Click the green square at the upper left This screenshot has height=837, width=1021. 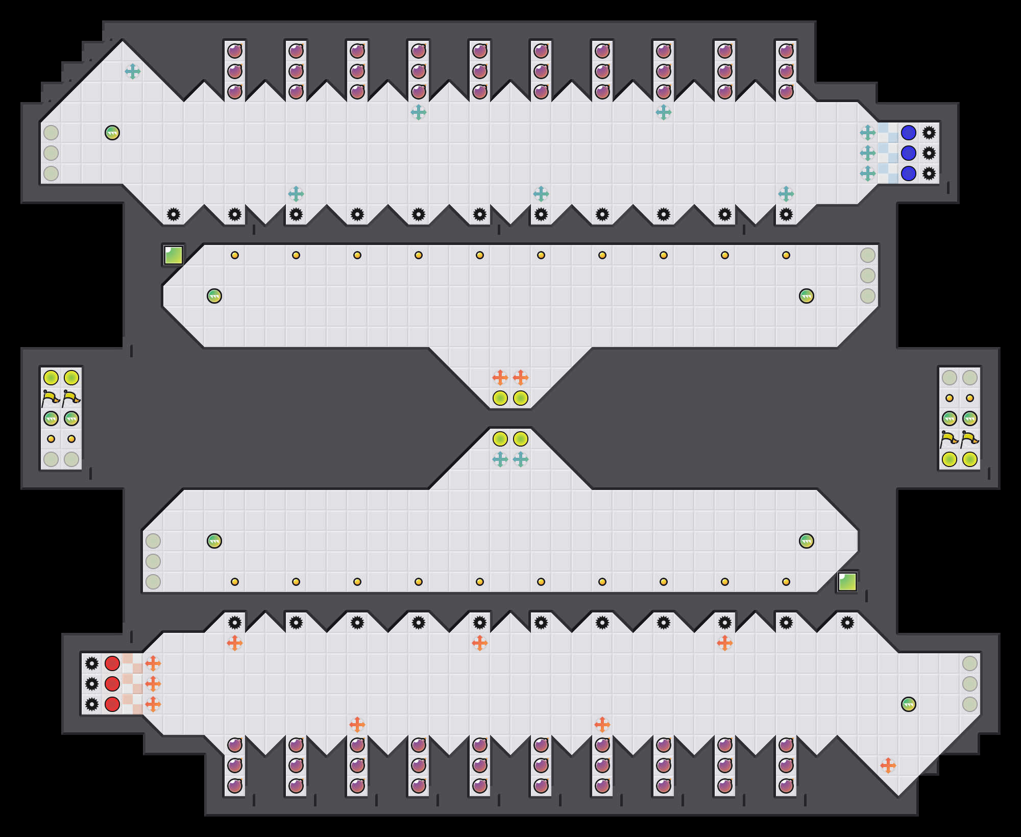174,255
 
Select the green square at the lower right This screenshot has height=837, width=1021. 847,582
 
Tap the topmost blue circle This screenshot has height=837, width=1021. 909,133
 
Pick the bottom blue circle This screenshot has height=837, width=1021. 909,174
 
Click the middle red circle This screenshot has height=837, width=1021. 112,684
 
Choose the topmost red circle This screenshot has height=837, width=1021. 112,663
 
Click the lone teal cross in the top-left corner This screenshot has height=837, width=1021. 133,71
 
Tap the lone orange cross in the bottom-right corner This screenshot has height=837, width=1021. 888,766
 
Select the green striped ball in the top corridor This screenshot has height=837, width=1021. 112,133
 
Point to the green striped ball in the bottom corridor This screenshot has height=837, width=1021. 909,704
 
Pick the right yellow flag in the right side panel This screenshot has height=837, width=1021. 970,439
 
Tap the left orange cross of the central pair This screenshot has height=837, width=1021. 500,378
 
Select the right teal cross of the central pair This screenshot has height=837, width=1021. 521,459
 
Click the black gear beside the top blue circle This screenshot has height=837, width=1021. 929,133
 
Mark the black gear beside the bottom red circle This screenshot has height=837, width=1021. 92,704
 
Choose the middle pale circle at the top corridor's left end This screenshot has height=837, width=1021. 51,153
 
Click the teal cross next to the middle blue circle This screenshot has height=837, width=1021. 868,153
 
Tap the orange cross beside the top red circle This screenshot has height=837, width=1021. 153,663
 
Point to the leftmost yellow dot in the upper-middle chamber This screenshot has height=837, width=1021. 235,255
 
